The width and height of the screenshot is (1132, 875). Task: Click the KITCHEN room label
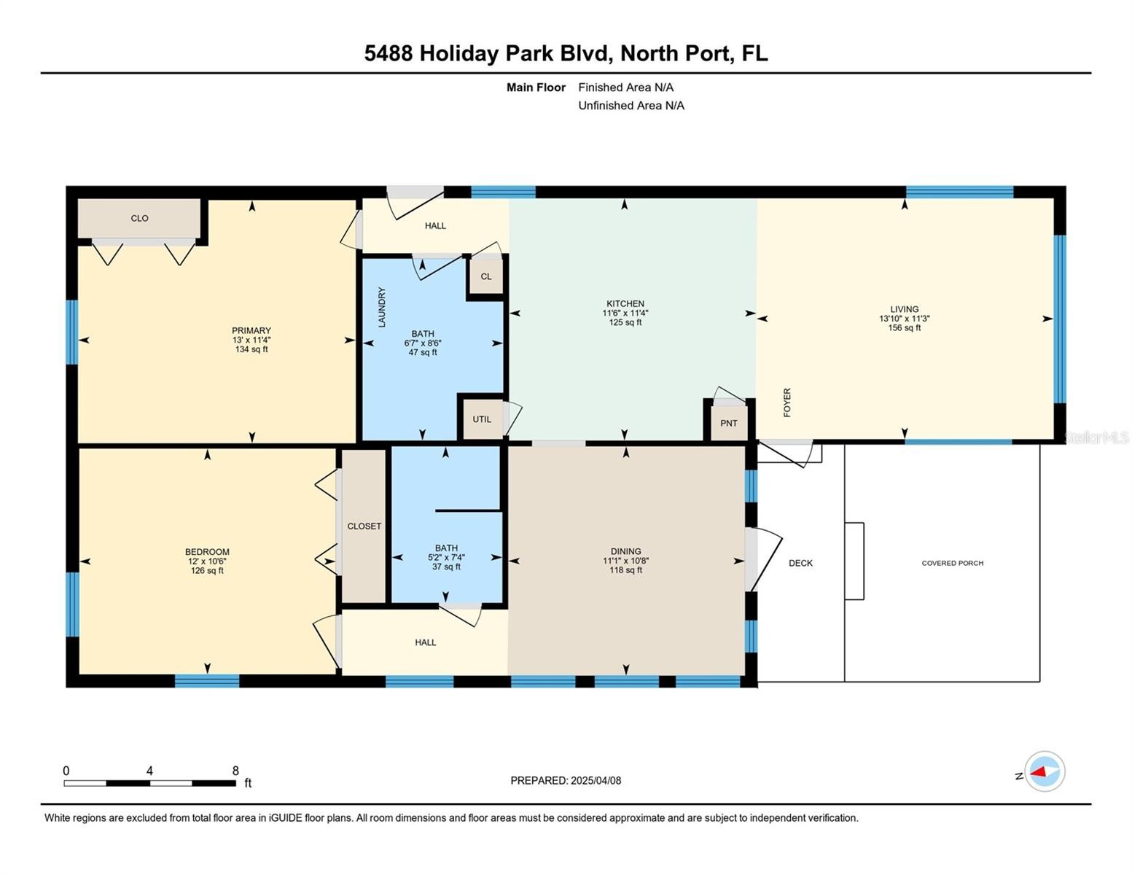click(x=625, y=303)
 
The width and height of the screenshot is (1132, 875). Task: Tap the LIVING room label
click(x=904, y=309)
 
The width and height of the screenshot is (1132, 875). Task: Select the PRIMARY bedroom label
click(x=251, y=330)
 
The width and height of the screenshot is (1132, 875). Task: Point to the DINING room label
click(x=625, y=551)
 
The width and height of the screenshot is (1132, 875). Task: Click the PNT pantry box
click(x=728, y=423)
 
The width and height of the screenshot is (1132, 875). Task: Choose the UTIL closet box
click(x=482, y=419)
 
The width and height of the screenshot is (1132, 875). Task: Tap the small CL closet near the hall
click(x=486, y=276)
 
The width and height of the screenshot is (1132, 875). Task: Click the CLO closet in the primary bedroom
click(x=139, y=218)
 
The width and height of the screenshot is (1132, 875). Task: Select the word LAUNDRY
click(x=382, y=308)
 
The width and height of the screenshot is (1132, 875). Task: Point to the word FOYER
click(x=786, y=402)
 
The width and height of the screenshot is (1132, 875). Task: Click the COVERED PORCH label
click(x=952, y=564)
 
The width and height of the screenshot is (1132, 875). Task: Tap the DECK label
click(x=800, y=564)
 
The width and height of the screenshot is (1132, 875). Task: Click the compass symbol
click(x=1044, y=771)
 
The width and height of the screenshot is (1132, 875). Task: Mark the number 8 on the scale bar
click(x=235, y=771)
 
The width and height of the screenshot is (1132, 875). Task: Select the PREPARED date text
click(x=566, y=781)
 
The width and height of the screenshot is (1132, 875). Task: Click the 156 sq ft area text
click(x=904, y=328)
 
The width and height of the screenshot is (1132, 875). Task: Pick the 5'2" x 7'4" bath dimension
click(x=446, y=557)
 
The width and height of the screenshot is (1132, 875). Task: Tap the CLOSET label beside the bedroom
click(x=364, y=526)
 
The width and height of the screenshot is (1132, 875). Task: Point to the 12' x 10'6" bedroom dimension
click(x=207, y=561)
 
